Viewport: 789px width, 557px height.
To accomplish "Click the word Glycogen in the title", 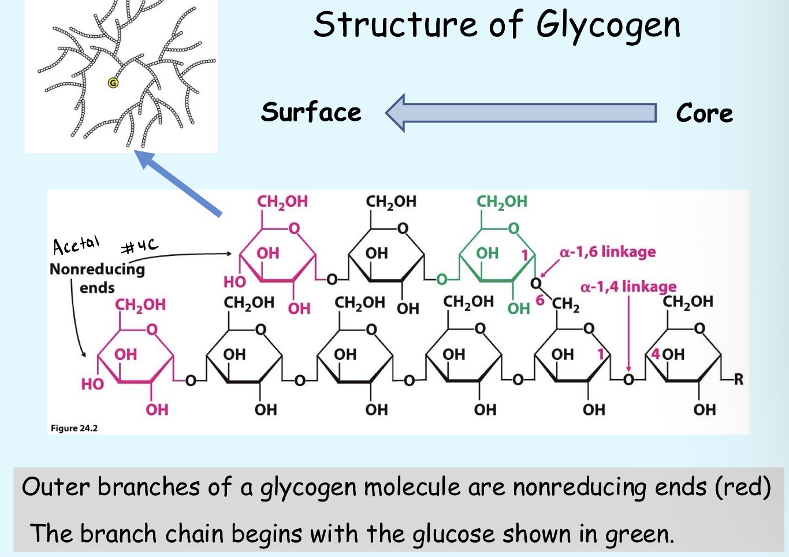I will [x=608, y=26].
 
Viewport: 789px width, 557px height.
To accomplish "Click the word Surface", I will [x=311, y=112].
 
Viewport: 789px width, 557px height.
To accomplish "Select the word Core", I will [x=704, y=113].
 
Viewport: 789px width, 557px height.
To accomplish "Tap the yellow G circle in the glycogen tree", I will [x=113, y=83].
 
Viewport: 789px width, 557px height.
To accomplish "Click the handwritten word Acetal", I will [x=76, y=245].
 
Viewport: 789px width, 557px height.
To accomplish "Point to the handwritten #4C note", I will [x=139, y=247].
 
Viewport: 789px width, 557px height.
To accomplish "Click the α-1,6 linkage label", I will [x=608, y=252].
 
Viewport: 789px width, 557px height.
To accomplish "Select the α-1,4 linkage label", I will [x=628, y=287].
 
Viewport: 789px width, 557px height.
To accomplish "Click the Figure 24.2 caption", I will [x=74, y=428].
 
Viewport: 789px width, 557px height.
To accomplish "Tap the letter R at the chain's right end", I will [x=738, y=380].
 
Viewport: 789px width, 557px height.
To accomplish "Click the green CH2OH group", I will [x=501, y=202].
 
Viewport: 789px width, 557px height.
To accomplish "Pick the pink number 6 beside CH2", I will [x=540, y=300].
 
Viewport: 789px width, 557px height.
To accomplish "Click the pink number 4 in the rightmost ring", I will [x=655, y=354].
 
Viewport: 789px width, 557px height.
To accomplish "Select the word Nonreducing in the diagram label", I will [x=97, y=269].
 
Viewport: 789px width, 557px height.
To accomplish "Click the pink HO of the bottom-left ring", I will [x=92, y=384].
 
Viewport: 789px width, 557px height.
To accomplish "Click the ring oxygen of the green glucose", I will [x=513, y=228].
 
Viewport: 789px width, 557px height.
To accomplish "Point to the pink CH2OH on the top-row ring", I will [x=282, y=202].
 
